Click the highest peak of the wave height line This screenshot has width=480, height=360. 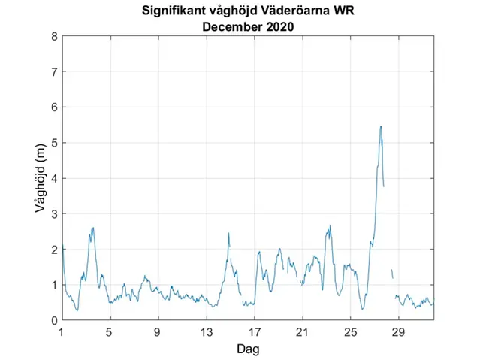[381, 126]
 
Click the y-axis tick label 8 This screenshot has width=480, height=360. [53, 36]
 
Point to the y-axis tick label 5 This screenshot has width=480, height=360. [53, 143]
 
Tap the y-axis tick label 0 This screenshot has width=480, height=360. [53, 320]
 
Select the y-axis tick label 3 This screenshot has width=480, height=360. [53, 213]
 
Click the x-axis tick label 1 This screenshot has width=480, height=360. [62, 331]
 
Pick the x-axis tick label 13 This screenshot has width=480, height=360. [206, 331]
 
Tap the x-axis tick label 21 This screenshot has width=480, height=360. [302, 331]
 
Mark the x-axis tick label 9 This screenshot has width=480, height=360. [158, 331]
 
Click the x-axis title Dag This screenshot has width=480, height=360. [248, 349]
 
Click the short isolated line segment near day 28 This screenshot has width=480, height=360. [392, 274]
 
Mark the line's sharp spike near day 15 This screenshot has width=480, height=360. [228, 234]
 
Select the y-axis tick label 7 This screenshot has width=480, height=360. [53, 71]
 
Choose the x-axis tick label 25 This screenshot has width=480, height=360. [350, 331]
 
